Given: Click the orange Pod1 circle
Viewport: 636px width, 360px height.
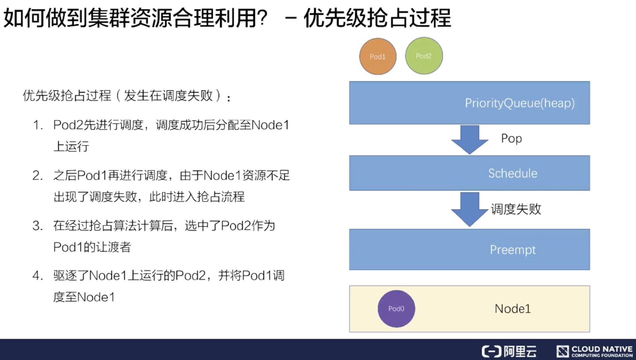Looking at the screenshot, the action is click(377, 56).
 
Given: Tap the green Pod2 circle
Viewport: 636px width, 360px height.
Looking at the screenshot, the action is click(424, 56).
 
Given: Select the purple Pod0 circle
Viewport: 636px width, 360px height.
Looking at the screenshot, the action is click(396, 309).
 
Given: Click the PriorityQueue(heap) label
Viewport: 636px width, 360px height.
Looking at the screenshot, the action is click(520, 103).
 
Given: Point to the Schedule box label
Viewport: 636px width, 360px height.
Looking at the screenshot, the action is click(513, 173).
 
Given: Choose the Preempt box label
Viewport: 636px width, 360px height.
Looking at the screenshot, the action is click(513, 250).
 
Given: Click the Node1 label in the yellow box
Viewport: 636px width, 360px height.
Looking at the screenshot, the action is click(513, 309).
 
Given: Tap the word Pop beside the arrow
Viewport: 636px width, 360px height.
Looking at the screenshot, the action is click(511, 138).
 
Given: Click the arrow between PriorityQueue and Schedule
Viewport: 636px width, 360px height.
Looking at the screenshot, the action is click(470, 140).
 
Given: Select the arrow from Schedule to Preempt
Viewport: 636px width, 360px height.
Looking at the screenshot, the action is click(470, 209).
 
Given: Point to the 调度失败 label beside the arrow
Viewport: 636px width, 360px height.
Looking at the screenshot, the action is click(516, 209).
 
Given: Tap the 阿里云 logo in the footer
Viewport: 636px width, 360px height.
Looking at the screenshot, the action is click(509, 351).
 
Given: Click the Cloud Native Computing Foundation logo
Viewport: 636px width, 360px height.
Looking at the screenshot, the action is click(594, 351).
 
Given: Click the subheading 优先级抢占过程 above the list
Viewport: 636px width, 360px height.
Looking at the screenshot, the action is click(67, 96).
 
